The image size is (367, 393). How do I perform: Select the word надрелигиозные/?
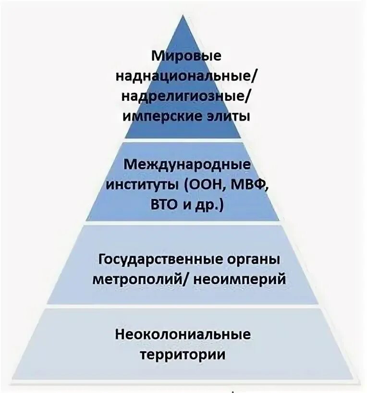click(186, 96)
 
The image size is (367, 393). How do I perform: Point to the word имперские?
click(156, 116)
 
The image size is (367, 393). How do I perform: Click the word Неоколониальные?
click(183, 334)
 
